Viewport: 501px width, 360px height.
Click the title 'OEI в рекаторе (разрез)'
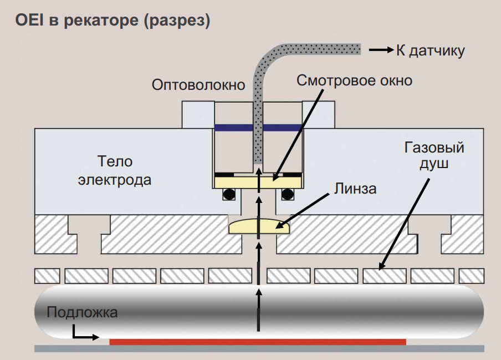pos(113,21)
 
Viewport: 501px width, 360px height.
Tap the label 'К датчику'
pos(431,50)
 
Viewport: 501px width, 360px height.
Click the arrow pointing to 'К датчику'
pos(381,50)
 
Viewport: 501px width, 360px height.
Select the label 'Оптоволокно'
pos(198,85)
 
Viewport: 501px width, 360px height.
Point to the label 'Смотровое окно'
pos(355,80)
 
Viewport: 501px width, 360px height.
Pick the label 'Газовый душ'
pos(434,156)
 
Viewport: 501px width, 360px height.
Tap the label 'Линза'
pos(355,189)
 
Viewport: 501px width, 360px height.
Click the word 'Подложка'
pos(82,312)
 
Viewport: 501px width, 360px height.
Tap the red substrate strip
pos(258,342)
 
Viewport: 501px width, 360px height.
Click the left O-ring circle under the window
pos(229,194)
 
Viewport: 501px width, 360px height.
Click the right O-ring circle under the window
pos(288,194)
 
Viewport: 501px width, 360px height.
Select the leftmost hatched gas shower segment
pos(47,275)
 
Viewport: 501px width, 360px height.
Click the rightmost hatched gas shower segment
pos(472,275)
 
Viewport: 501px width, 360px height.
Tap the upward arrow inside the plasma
pos(259,311)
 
